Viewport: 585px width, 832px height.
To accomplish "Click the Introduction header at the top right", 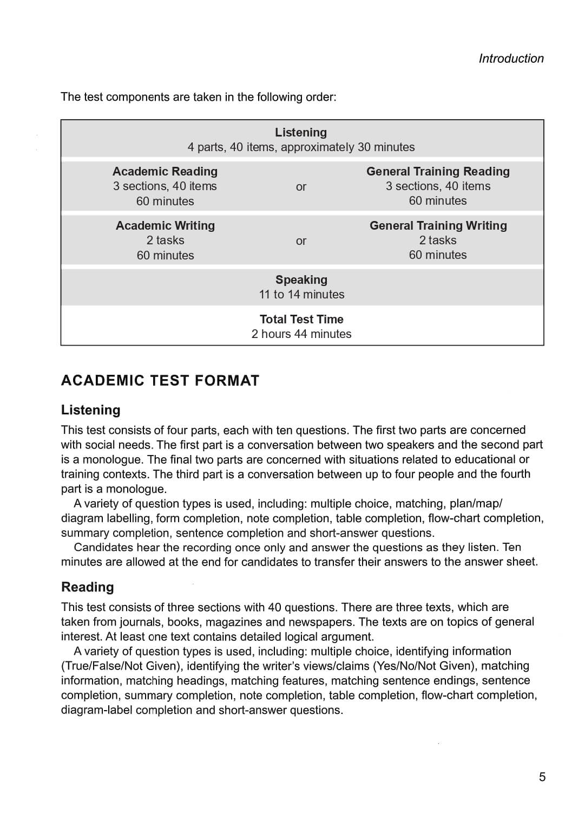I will [x=511, y=58].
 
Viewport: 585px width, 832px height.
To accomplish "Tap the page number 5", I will [x=542, y=777].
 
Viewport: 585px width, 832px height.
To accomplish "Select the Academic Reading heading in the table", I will [x=165, y=172].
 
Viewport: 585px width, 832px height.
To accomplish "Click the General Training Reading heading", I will [x=438, y=172].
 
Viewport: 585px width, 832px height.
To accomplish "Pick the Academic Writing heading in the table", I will [x=165, y=226].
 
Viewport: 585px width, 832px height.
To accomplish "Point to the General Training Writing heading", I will [x=438, y=226].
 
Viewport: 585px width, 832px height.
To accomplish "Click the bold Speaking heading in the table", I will [x=301, y=280].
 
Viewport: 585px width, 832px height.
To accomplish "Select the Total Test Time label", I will [x=301, y=320].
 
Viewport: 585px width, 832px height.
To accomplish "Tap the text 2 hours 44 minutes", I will [x=301, y=334].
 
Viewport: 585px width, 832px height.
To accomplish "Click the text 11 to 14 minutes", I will [x=301, y=295].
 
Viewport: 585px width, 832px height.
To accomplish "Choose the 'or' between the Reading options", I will [x=301, y=187].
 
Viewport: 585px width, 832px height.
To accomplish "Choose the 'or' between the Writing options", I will [x=301, y=241].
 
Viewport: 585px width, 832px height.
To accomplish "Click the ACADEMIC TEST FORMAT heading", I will [x=160, y=381].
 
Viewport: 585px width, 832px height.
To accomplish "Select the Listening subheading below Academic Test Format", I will [x=91, y=410].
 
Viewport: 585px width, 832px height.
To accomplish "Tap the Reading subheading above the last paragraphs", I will [x=88, y=587].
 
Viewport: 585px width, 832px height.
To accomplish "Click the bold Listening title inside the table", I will [x=301, y=133].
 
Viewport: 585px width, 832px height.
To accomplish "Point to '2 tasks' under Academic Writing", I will [x=165, y=240].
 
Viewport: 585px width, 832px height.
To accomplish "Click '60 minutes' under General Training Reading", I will [x=438, y=201].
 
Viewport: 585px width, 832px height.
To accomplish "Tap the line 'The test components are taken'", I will [x=198, y=97].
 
